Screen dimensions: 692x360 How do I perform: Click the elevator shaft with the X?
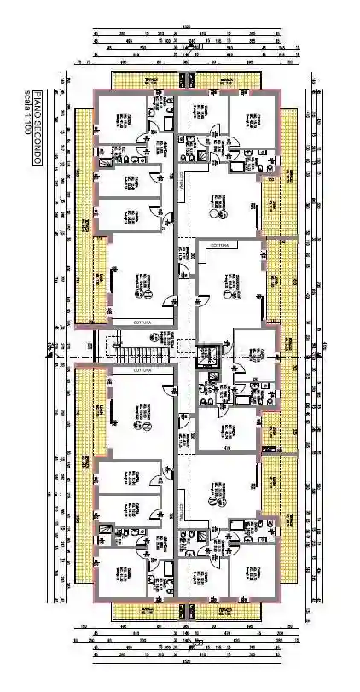(207, 358)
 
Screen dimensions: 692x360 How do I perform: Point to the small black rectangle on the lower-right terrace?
(270, 449)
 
